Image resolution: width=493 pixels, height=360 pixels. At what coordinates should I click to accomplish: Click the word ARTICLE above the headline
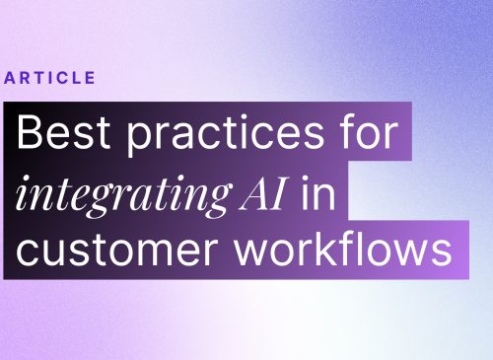click(49, 78)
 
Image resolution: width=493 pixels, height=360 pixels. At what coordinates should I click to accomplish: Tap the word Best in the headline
click(63, 131)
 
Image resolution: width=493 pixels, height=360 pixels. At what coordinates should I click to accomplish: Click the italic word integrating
click(124, 195)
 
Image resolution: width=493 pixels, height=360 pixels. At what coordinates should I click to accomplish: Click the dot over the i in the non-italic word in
click(305, 179)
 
